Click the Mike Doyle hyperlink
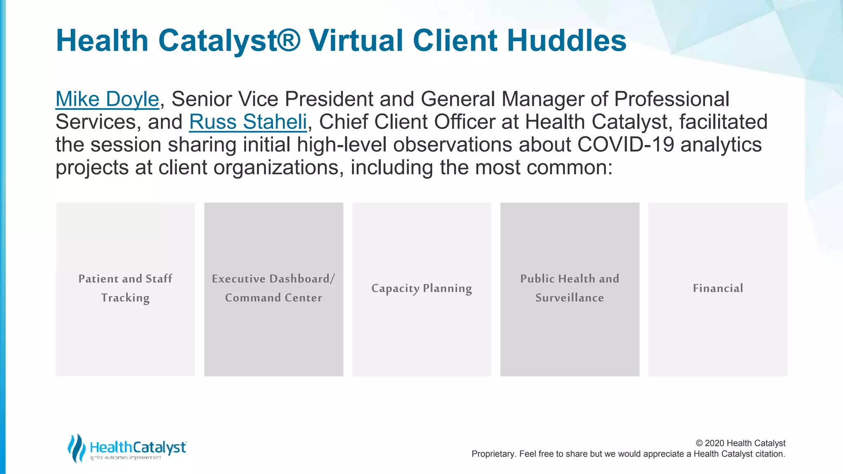pyautogui.click(x=107, y=99)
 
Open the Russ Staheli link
pyautogui.click(x=248, y=122)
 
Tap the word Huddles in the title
pyautogui.click(x=567, y=41)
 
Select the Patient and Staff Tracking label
pyautogui.click(x=125, y=288)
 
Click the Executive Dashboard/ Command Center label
pyautogui.click(x=273, y=288)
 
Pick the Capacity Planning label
pyautogui.click(x=421, y=288)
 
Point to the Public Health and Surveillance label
pyautogui.click(x=570, y=288)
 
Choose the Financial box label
pyautogui.click(x=718, y=288)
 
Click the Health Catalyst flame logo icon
pyautogui.click(x=76, y=448)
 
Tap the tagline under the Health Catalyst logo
pyautogui.click(x=126, y=458)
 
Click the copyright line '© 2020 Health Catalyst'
pyautogui.click(x=740, y=443)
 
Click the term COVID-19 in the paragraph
pyautogui.click(x=626, y=145)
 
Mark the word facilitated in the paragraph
pyautogui.click(x=723, y=122)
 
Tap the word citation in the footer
pyautogui.click(x=770, y=454)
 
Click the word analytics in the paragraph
pyautogui.click(x=721, y=145)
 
